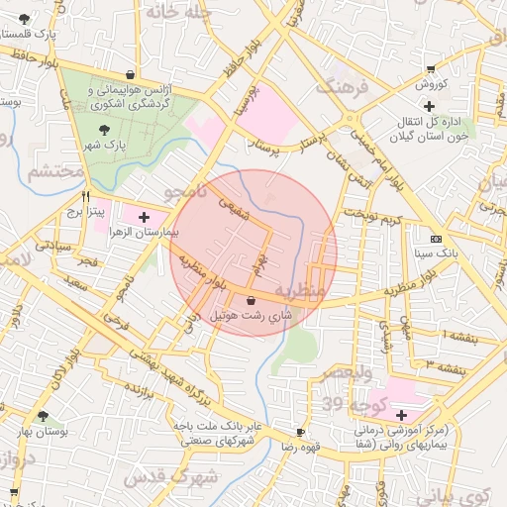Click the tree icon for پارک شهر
106,129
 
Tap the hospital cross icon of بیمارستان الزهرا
145,216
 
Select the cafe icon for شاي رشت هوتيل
250,299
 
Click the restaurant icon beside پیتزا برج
87,195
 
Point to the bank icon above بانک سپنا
437,239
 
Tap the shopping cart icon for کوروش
430,68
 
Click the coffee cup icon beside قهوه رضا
301,433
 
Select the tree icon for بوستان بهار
42,417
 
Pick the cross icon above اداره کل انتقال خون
428,106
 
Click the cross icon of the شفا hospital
401,415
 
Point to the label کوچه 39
346,405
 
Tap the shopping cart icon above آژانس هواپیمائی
131,73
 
